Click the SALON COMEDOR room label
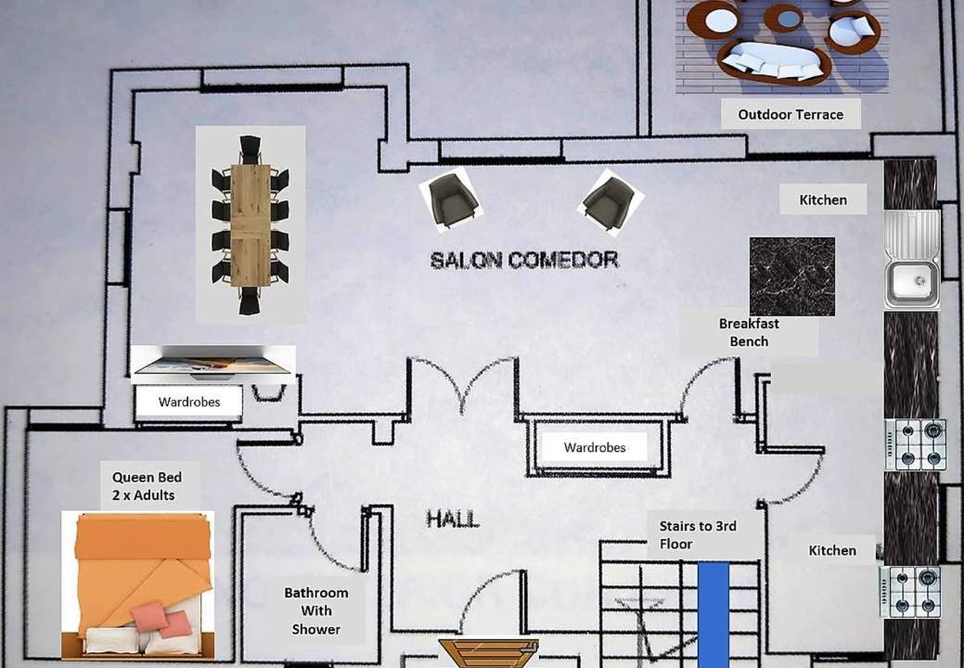pyautogui.click(x=524, y=261)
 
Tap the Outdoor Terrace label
pyautogui.click(x=790, y=115)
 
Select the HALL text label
pyautogui.click(x=453, y=519)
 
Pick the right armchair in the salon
pyautogui.click(x=610, y=200)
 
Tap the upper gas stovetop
pyautogui.click(x=915, y=444)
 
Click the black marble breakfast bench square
pyautogui.click(x=791, y=276)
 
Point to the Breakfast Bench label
pyautogui.click(x=749, y=333)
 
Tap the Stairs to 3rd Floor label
pyautogui.click(x=698, y=535)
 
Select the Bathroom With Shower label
pyautogui.click(x=316, y=610)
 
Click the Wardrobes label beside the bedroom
pyautogui.click(x=188, y=403)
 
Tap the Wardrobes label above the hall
pyautogui.click(x=595, y=447)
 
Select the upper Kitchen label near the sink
pyautogui.click(x=823, y=199)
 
